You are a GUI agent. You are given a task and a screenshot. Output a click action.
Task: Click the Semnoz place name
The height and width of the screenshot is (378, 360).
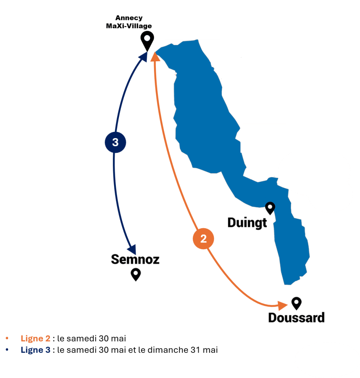[135, 260]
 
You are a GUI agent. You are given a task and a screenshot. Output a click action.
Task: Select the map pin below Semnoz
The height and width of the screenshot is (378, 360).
[136, 274]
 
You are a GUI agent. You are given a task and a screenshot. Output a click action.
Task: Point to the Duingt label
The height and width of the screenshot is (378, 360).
[247, 223]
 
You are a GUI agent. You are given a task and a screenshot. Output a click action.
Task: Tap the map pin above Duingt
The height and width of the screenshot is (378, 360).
[270, 208]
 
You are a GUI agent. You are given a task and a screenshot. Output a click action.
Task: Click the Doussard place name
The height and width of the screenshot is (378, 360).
[296, 317]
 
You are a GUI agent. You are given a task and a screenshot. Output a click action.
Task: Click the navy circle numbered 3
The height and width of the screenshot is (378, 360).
[115, 142]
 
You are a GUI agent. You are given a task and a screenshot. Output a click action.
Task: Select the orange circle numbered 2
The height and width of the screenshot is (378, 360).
[203, 239]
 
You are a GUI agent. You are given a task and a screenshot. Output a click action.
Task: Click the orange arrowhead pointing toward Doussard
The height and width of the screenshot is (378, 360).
[283, 305]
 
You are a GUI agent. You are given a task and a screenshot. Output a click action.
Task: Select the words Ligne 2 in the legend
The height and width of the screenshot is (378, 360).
[35, 339]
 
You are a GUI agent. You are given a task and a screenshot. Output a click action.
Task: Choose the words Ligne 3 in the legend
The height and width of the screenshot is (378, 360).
[35, 350]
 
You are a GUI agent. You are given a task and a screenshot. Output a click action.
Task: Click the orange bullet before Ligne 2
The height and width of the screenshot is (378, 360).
[7, 338]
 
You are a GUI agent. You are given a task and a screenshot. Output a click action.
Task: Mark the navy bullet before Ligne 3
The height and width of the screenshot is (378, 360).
[7, 350]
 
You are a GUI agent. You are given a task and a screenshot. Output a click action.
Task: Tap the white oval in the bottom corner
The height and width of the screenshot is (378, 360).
[327, 358]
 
